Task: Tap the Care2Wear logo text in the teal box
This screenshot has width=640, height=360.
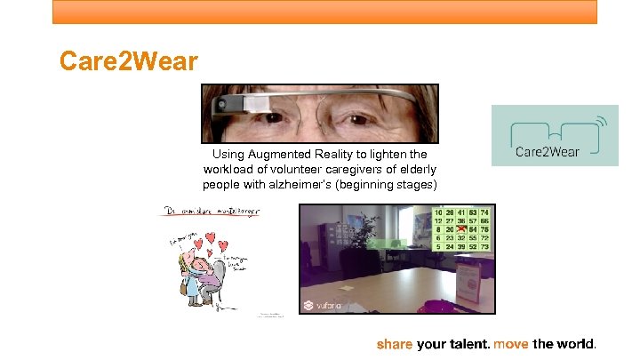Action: (x=548, y=151)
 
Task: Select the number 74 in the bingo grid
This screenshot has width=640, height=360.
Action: (x=485, y=213)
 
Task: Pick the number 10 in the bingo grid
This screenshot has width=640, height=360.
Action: (x=438, y=213)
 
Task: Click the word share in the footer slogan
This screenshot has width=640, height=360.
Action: (x=395, y=344)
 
